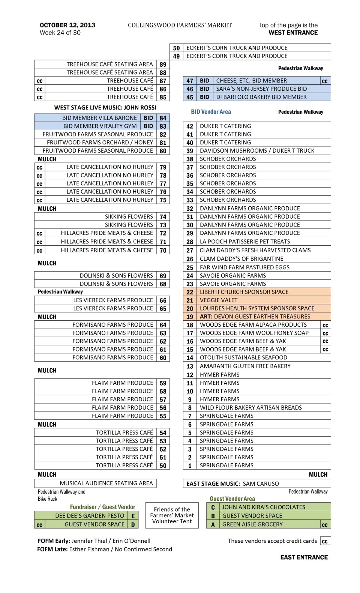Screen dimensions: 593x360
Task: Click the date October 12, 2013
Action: tap(67, 25)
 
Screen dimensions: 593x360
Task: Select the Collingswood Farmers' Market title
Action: tap(180, 25)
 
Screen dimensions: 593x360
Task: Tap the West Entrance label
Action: tap(293, 33)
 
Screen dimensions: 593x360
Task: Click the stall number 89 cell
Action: tap(163, 65)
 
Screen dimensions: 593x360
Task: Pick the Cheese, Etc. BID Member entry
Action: tap(251, 81)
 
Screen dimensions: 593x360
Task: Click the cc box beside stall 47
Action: tap(325, 81)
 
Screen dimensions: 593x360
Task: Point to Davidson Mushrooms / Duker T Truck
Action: tap(257, 151)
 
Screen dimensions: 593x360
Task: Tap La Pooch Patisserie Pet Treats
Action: tap(245, 242)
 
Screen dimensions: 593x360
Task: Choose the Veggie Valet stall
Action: tap(214, 300)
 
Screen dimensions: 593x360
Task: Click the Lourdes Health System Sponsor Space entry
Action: tap(257, 308)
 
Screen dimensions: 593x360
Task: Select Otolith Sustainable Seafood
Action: tap(243, 358)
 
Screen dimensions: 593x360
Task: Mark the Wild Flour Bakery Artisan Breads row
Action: tap(250, 408)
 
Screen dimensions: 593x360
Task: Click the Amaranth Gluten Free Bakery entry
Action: tap(245, 366)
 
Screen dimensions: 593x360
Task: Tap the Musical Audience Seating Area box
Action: tap(95, 483)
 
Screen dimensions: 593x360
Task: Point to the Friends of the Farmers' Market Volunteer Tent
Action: tap(172, 515)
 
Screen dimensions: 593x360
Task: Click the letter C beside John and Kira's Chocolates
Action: tap(213, 507)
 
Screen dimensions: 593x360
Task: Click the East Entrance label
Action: tap(304, 557)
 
